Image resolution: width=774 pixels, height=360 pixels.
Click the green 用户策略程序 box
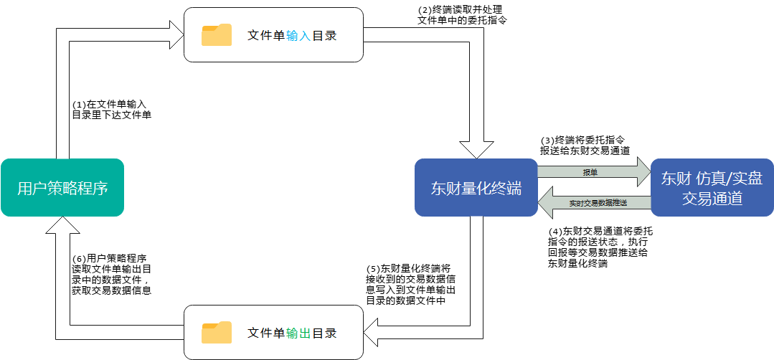tap(62, 188)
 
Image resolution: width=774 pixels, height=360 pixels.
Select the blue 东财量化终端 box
tap(476, 188)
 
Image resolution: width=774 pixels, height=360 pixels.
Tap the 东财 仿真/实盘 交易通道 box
tap(712, 188)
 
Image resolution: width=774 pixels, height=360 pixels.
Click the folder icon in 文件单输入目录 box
tap(217, 34)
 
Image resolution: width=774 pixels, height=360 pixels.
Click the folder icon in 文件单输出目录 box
tap(217, 332)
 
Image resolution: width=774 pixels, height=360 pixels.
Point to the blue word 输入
tap(298, 35)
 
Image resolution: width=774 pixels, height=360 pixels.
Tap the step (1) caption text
tap(111, 109)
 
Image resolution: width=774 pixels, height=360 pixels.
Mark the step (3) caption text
tap(585, 145)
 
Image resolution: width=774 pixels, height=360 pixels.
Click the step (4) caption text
tap(600, 247)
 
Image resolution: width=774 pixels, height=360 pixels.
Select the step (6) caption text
tap(112, 275)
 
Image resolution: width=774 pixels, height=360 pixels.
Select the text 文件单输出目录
tap(292, 333)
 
